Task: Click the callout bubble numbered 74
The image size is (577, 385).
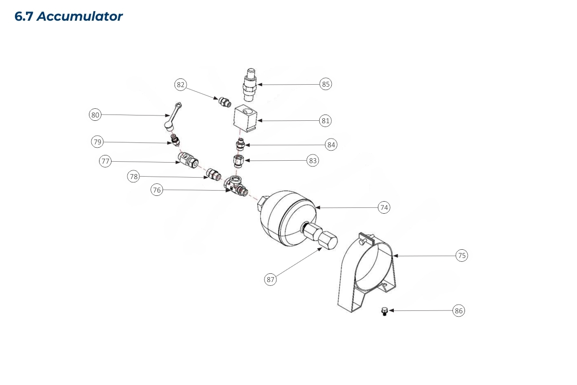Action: point(384,207)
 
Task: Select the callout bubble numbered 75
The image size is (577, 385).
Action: point(462,256)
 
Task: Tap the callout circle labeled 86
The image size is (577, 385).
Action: point(459,311)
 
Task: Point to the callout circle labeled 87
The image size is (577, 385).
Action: point(271,279)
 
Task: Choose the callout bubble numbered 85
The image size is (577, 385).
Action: point(326,84)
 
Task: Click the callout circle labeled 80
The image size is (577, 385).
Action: point(95,115)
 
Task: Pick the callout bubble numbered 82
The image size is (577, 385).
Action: point(180,85)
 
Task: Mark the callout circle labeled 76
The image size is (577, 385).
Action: point(157,190)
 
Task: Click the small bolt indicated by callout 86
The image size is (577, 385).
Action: point(384,312)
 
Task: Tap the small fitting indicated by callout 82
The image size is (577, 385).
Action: point(225,102)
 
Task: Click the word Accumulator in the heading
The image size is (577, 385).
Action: point(80,16)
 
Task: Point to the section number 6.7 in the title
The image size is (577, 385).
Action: point(24,16)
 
